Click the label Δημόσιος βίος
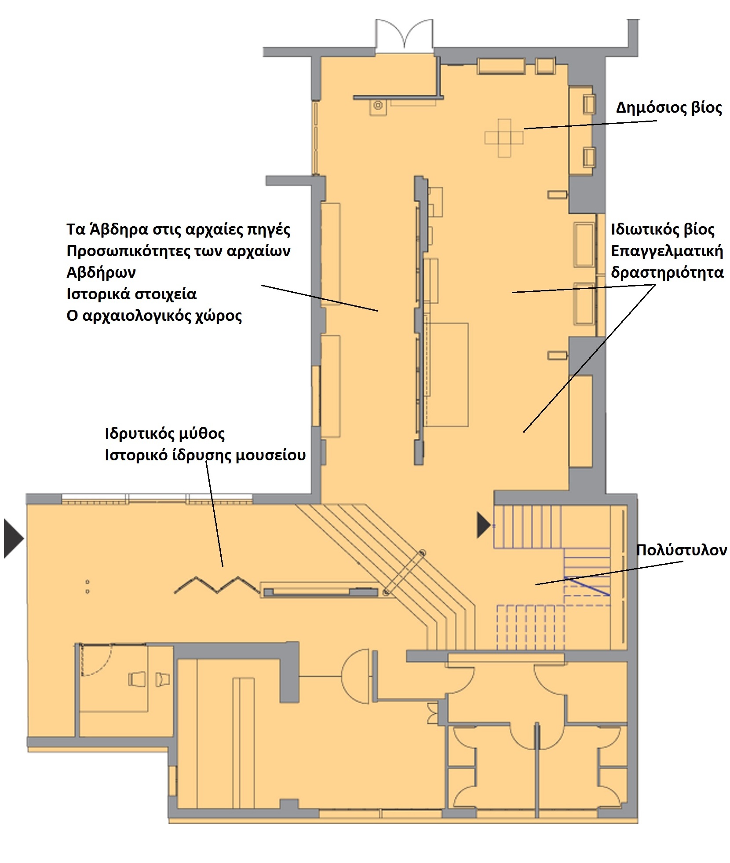(x=668, y=108)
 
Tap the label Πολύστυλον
(x=682, y=550)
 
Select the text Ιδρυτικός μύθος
(x=165, y=434)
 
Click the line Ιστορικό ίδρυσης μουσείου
(x=205, y=455)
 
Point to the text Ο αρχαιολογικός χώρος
(x=154, y=316)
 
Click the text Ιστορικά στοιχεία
(x=131, y=294)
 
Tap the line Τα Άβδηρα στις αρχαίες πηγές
(x=179, y=229)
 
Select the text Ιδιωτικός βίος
(x=663, y=230)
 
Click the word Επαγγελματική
(x=667, y=251)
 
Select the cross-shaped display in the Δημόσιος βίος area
(x=504, y=138)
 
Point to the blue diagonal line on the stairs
(x=587, y=586)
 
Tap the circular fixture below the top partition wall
(x=377, y=106)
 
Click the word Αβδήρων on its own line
(x=101, y=272)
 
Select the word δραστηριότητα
(x=667, y=273)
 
